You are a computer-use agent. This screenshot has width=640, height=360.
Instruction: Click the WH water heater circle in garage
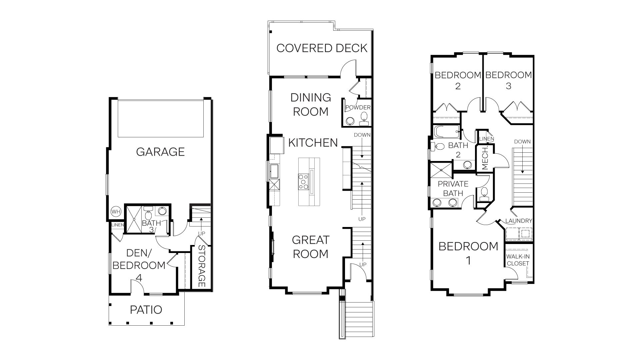point(116,212)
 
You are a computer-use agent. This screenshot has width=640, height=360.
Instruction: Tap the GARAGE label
point(160,152)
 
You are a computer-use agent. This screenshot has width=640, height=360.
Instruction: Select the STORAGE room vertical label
point(201,266)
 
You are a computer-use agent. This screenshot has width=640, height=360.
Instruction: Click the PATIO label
point(146,310)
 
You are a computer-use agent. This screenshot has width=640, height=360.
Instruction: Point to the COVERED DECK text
point(322,48)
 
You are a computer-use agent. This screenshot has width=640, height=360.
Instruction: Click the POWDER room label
point(358,108)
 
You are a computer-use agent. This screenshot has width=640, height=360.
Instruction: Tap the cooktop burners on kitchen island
point(303,182)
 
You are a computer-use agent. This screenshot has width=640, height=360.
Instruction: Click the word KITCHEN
point(313,143)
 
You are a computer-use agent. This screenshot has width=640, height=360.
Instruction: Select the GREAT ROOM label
point(310,247)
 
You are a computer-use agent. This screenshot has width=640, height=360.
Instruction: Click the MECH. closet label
point(485,158)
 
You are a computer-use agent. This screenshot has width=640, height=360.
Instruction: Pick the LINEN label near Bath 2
point(486,139)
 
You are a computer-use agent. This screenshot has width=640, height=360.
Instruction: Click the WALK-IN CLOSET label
point(518,260)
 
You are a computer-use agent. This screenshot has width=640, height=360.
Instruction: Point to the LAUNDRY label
point(519,221)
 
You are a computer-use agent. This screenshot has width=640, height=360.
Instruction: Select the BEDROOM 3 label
point(508,80)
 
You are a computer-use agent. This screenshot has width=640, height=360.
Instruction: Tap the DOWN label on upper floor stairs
point(522,142)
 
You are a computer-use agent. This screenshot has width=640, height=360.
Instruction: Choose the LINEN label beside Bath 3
point(117,225)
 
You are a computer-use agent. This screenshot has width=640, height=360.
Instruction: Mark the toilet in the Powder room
point(364,117)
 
